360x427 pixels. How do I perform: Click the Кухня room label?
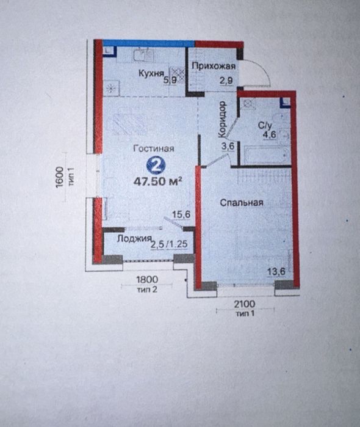[x=151, y=73]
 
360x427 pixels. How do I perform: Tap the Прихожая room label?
[x=214, y=66]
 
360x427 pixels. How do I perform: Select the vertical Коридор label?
[x=222, y=119]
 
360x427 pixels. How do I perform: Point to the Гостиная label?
[x=154, y=148]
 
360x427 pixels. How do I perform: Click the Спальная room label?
[x=242, y=203]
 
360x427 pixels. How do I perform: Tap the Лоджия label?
[x=134, y=239]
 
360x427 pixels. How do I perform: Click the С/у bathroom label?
[x=265, y=126]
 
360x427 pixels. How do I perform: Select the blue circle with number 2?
[x=156, y=166]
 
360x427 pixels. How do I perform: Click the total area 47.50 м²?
[x=157, y=181]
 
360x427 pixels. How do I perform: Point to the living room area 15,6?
[x=181, y=214]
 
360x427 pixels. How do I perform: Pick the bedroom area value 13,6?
[x=276, y=271]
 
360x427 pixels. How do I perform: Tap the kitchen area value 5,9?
[x=170, y=80]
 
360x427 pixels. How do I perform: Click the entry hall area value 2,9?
[x=226, y=81]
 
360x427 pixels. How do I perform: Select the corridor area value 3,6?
[x=228, y=146]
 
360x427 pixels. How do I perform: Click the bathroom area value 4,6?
[x=269, y=134]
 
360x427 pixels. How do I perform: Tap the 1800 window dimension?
[x=147, y=280]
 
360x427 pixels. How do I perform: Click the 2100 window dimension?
[x=245, y=304]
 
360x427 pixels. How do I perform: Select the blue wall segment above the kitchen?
[x=149, y=43]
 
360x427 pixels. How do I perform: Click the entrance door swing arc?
[x=265, y=70]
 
